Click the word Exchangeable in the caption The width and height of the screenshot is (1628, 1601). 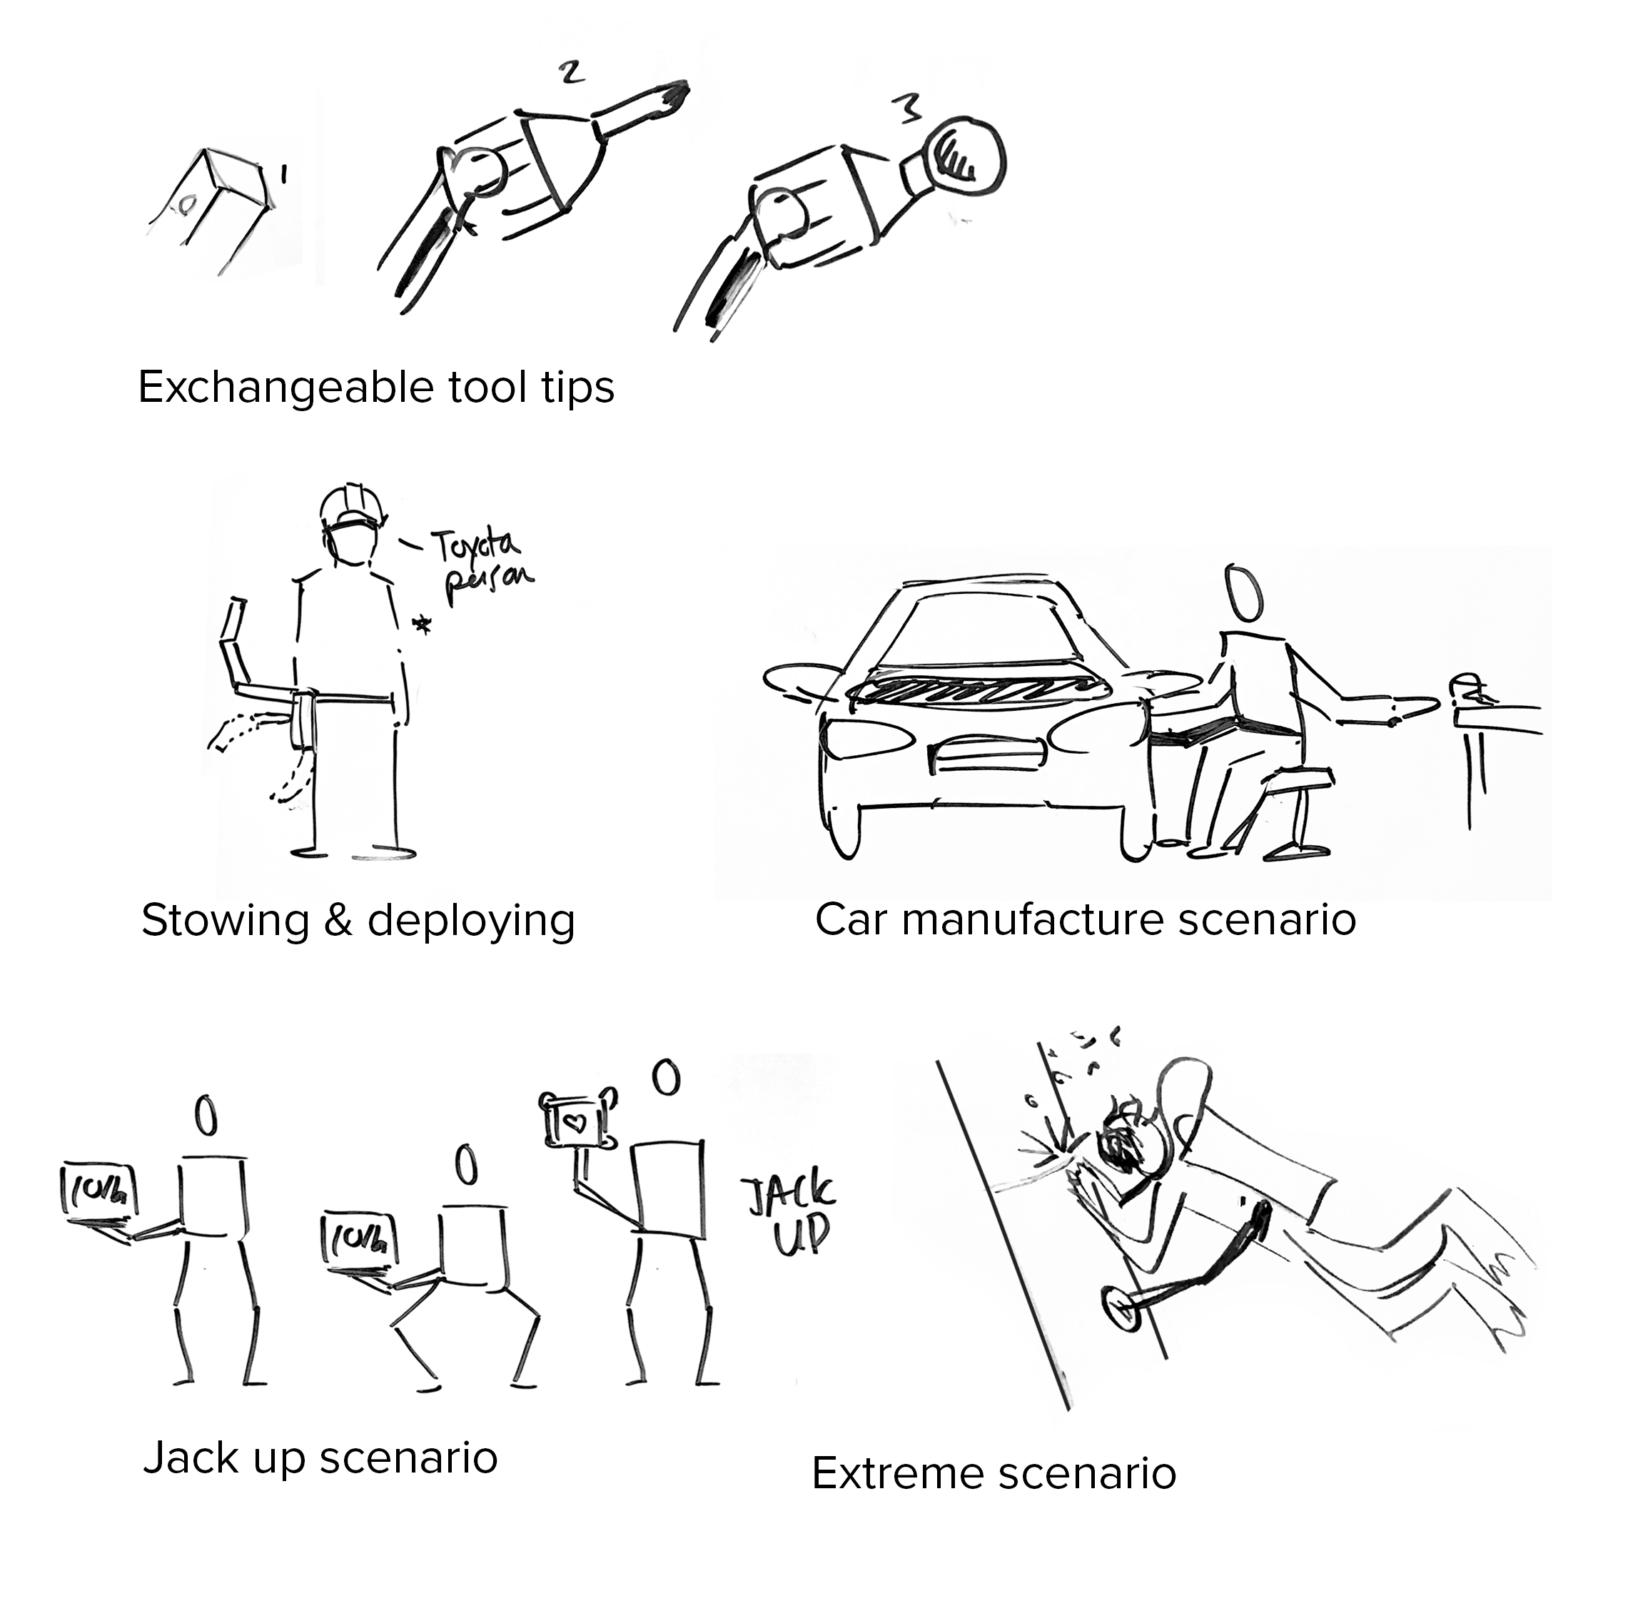284,388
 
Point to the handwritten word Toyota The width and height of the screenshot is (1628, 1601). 475,547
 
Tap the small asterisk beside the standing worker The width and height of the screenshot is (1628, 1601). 421,624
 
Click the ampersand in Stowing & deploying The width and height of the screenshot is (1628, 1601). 338,920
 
